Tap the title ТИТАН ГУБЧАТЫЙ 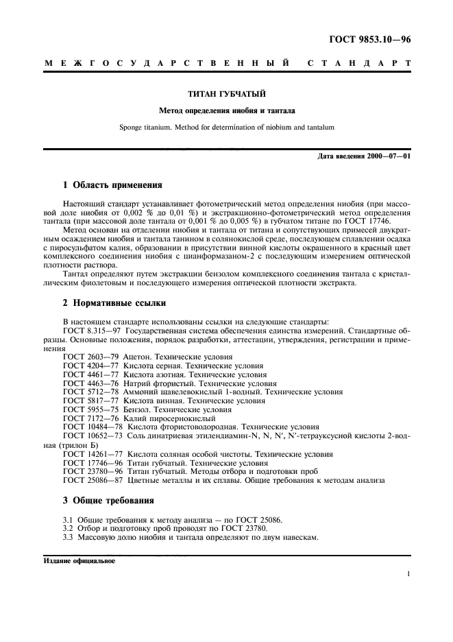tap(226, 93)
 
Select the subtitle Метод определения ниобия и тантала tap(226, 110)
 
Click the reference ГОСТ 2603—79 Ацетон tap(147, 357)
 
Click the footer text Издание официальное tap(79, 560)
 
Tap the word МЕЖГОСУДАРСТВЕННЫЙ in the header tap(167, 64)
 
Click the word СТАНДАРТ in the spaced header tap(360, 64)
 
